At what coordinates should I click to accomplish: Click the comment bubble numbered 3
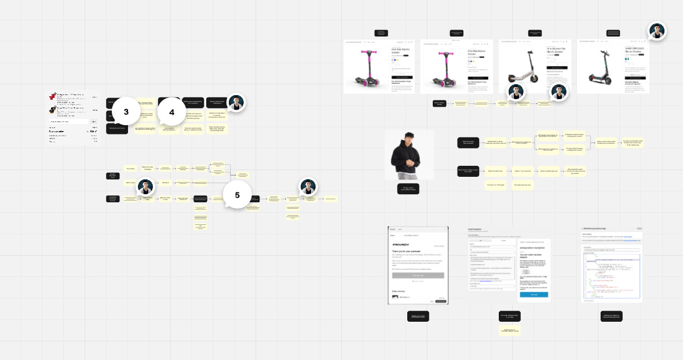coord(126,111)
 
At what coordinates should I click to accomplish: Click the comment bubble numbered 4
coord(171,111)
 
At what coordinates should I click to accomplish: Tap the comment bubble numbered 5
coord(237,195)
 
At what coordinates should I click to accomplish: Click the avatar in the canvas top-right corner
coord(656,31)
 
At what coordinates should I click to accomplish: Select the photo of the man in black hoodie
coord(410,154)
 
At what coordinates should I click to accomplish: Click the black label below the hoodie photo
coord(409,188)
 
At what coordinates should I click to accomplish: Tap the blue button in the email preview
coord(534,294)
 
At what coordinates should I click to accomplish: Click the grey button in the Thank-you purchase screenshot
coord(418,275)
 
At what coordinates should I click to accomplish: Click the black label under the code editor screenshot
coord(611,316)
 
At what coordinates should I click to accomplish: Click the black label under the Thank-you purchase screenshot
coord(418,316)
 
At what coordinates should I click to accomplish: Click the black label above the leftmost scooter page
coord(381,33)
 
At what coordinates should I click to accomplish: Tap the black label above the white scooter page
coord(535,33)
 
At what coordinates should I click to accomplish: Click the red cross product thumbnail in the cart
coord(52,96)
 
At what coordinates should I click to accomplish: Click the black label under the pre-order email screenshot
coord(510,316)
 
